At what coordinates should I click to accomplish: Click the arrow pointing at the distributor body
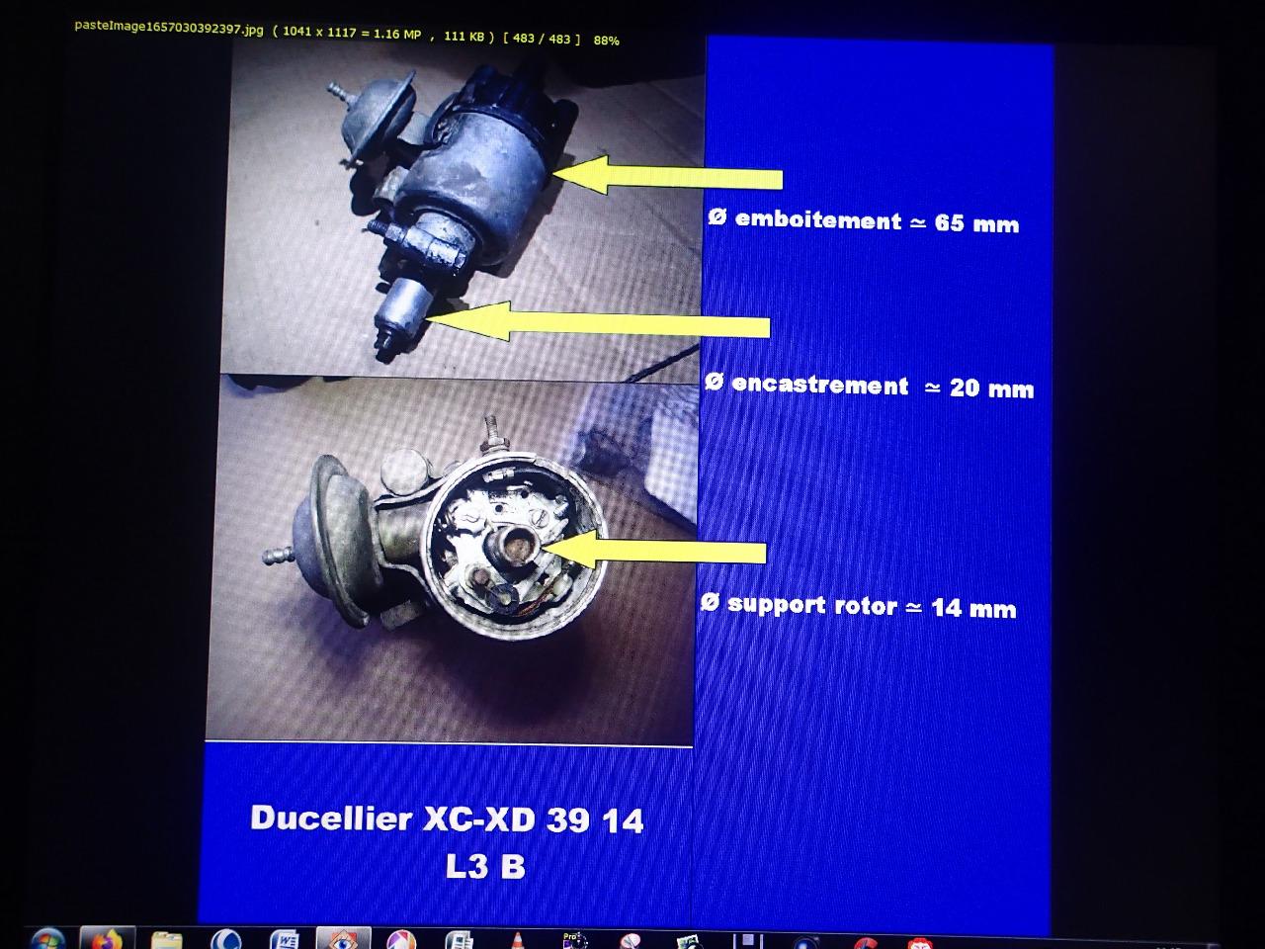667,175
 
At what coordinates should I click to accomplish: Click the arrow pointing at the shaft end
598,323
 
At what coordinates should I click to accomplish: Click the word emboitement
817,220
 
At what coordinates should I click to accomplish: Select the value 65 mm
976,223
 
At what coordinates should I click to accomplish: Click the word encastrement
819,385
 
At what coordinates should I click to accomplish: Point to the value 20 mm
991,388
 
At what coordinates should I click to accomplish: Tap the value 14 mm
973,609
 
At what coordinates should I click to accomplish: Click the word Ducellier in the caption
331,818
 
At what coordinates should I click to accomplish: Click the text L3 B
485,866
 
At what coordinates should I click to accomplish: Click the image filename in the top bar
169,29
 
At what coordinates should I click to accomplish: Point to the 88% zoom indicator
606,41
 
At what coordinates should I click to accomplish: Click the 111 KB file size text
464,37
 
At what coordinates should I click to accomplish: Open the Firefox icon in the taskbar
107,938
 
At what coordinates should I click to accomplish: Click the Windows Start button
47,939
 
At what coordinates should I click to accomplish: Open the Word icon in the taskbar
285,939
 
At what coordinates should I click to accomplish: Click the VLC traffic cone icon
518,941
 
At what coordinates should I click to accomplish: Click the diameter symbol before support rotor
710,603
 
